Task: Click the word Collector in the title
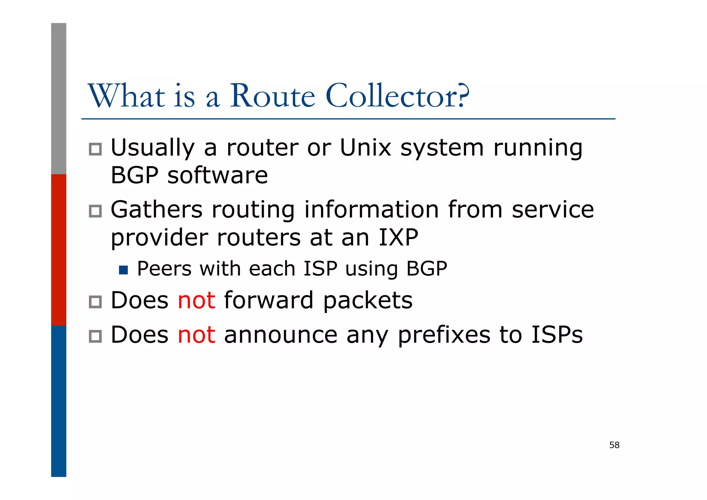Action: coord(397,96)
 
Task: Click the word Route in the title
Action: coord(272,96)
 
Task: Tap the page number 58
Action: coord(614,445)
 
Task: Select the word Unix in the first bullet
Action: coord(365,148)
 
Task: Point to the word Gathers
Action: coord(156,210)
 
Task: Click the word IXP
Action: coord(398,238)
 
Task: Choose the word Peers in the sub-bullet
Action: coord(164,269)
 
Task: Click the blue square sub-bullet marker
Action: coord(123,270)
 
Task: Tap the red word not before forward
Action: coord(196,300)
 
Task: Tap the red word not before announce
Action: coord(196,335)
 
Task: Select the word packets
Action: coord(368,300)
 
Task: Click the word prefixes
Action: coord(444,335)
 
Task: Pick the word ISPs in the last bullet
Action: coord(557,335)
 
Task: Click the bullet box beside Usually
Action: coord(95,149)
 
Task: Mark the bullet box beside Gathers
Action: coord(95,211)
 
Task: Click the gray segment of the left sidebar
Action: coord(59,98)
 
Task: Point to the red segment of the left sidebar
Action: coord(59,249)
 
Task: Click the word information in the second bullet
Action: coord(371,210)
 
